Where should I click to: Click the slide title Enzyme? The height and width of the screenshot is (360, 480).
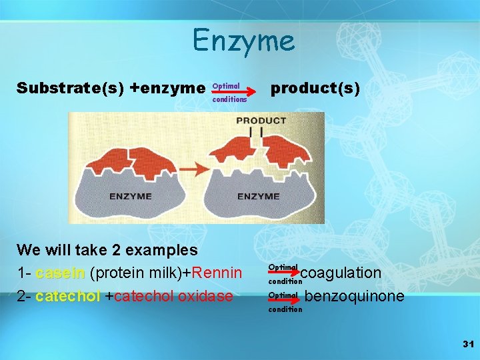pyautogui.click(x=243, y=41)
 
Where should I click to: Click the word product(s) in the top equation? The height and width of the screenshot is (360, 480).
pyautogui.click(x=315, y=89)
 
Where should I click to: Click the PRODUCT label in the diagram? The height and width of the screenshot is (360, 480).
pyautogui.click(x=261, y=121)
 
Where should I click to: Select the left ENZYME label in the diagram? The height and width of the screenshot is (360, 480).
pyautogui.click(x=131, y=197)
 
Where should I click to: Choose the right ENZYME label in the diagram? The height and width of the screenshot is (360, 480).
pyautogui.click(x=258, y=197)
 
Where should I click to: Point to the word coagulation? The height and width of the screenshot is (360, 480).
pyautogui.click(x=341, y=273)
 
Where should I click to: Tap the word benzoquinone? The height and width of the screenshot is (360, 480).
pyautogui.click(x=354, y=296)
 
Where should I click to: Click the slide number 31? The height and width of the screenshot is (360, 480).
pyautogui.click(x=467, y=344)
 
